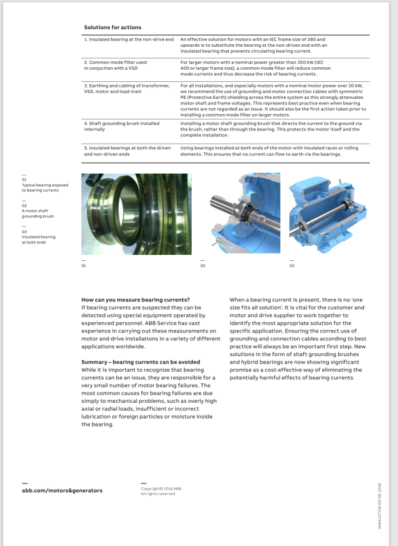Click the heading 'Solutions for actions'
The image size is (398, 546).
pos(112,27)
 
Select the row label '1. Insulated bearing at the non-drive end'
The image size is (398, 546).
pos(129,39)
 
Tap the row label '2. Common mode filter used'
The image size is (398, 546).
pos(115,62)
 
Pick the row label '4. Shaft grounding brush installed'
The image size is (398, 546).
pos(121,123)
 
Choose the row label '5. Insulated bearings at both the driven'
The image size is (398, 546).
pos(127,147)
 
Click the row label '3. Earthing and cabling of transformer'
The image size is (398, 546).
pos(126,86)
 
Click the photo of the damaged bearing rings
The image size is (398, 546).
pos(137,214)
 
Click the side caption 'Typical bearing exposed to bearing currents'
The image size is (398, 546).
pos(44,187)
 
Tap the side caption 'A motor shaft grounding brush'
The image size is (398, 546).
pos(38,213)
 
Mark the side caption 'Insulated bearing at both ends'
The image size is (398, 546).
pos(38,239)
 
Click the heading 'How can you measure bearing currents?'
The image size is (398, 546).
pos(135,300)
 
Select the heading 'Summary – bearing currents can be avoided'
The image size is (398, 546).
pos(141,362)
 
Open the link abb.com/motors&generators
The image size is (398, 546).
pos(62,490)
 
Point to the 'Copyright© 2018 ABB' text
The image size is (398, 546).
pos(161,488)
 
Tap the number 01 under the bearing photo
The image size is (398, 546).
pos(84,266)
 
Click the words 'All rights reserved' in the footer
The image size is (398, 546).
pos(158,494)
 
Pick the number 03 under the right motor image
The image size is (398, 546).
pos(291,266)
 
